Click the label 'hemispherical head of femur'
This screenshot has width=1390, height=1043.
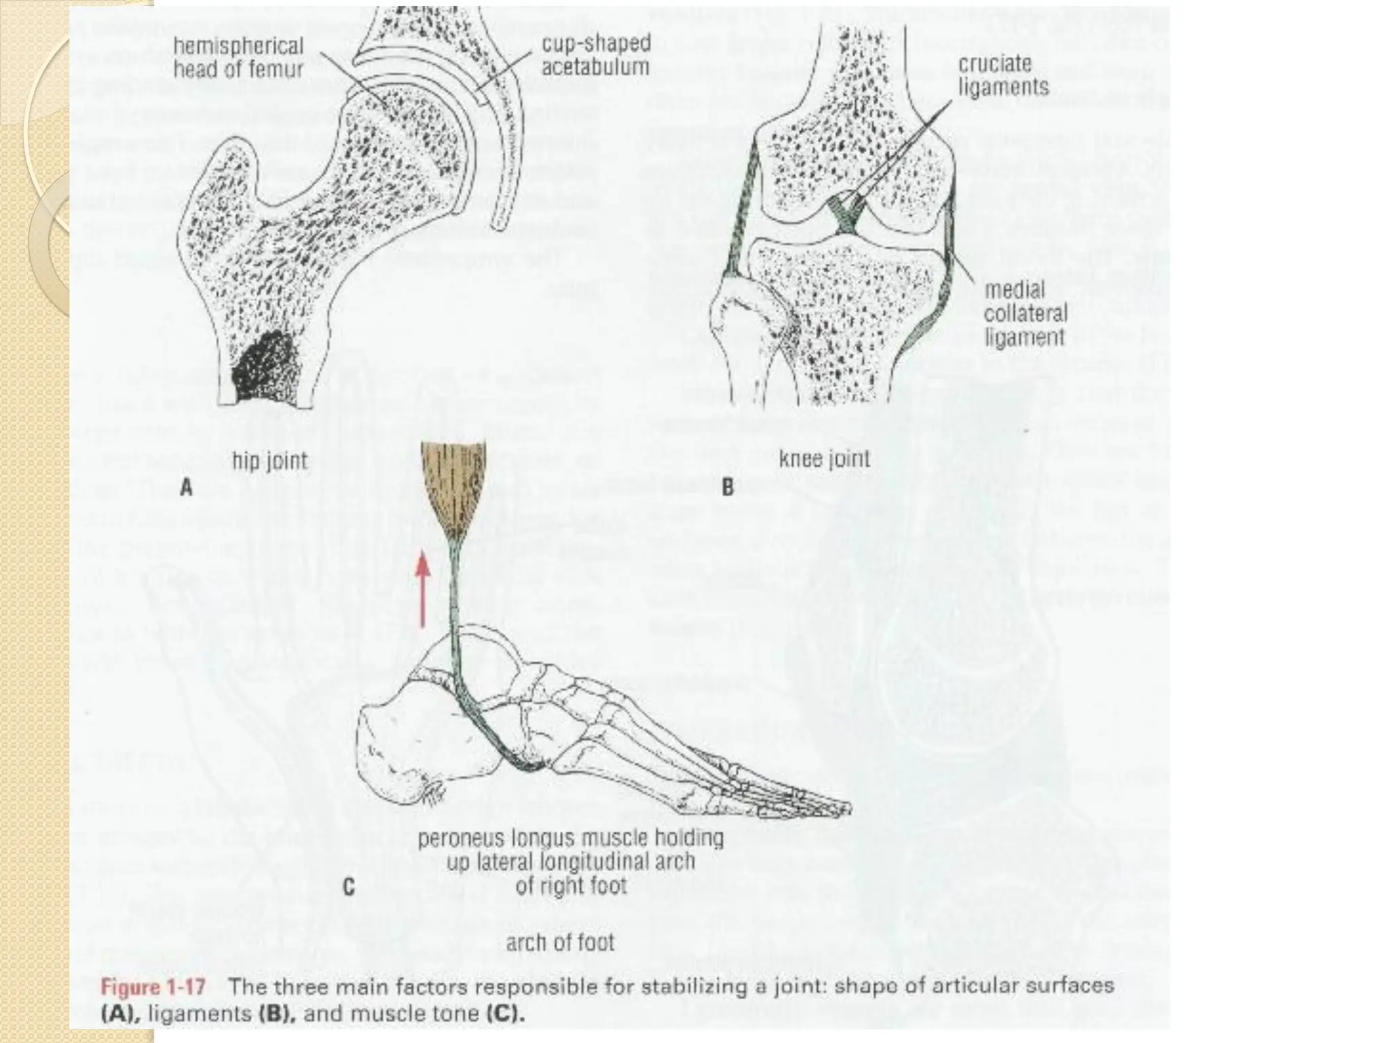point(238,58)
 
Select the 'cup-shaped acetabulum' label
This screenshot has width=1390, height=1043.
point(595,56)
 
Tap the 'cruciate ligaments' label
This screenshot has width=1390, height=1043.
point(1003,75)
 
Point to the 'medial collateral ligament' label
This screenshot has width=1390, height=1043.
point(1026,314)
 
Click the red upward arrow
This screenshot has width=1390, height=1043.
point(423,588)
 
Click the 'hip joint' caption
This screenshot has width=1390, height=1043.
point(269,462)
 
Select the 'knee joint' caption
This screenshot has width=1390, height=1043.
point(825,459)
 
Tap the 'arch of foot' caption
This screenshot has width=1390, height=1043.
point(560,943)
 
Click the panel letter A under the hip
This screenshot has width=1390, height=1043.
point(186,488)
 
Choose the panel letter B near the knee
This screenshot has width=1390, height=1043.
point(728,488)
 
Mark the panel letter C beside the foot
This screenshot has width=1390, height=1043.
point(348,888)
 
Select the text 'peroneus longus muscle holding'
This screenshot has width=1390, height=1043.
point(570,839)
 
